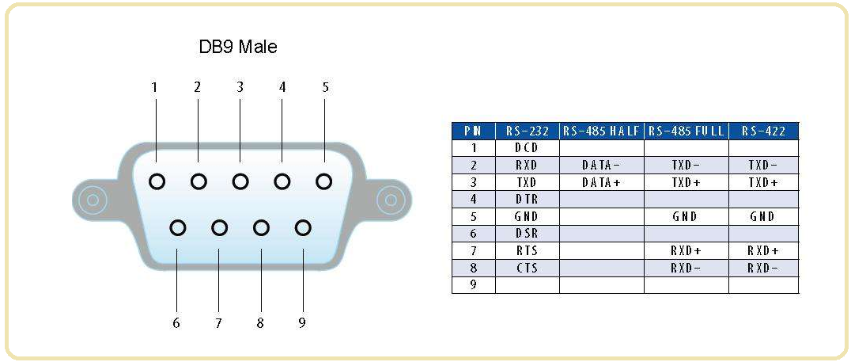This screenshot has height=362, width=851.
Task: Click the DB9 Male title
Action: point(237,47)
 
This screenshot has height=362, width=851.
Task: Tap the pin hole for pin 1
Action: point(157,181)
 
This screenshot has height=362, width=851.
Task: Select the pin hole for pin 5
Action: point(323,181)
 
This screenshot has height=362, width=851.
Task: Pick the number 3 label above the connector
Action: point(240,87)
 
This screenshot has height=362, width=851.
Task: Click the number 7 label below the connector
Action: point(218,322)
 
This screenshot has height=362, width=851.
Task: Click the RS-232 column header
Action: point(527,131)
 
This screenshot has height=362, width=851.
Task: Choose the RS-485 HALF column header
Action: point(601,131)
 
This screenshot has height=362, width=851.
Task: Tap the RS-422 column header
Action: point(763,131)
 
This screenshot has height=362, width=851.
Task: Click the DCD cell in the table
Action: point(527,148)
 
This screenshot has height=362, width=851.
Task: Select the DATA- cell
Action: point(601,166)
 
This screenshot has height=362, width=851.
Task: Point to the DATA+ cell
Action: point(601,182)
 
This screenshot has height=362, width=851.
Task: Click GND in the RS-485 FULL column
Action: point(685,216)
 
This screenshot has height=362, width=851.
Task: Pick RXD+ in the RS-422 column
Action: point(763,251)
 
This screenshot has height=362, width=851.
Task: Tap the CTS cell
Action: point(527,268)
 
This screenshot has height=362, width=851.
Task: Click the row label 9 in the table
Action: point(473,285)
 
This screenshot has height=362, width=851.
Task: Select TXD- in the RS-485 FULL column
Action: point(685,166)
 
